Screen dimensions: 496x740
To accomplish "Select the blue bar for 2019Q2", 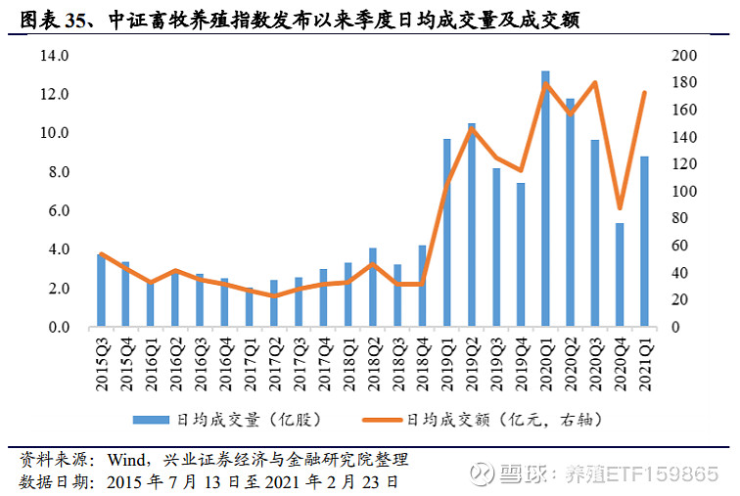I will (x=471, y=225).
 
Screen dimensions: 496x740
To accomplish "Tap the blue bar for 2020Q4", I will (x=619, y=275).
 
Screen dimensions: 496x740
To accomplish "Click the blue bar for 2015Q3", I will (x=101, y=291).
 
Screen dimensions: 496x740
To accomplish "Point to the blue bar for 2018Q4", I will (x=422, y=286).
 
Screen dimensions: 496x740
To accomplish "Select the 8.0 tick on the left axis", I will (x=55, y=173).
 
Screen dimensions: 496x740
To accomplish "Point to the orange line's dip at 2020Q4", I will (x=619, y=207).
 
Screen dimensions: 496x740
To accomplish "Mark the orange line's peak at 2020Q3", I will (x=594, y=83).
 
